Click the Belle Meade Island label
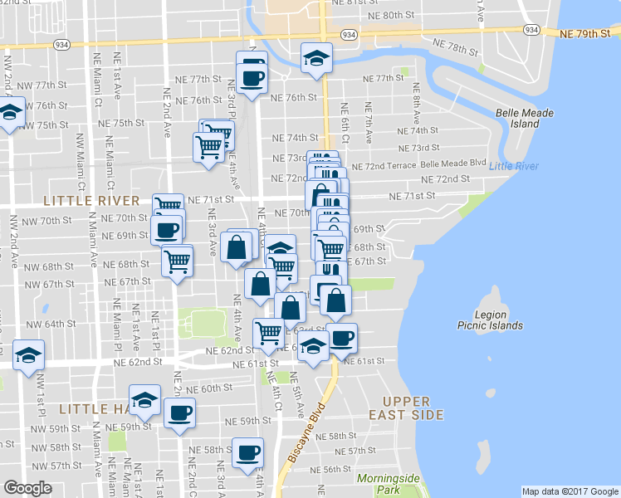pyautogui.click(x=518, y=118)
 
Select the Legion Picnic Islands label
pyautogui.click(x=490, y=320)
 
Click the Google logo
pyautogui.click(x=28, y=488)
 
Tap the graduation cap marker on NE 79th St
pyautogui.click(x=316, y=57)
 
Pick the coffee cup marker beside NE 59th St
pyautogui.click(x=179, y=413)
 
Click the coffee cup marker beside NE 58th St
pyautogui.click(x=247, y=453)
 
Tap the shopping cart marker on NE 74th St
pyautogui.click(x=218, y=133)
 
